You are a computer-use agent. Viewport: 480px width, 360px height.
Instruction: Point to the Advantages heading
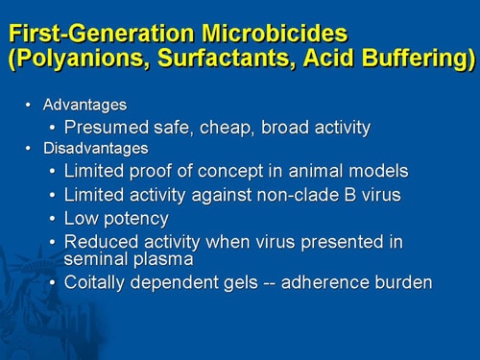[x=84, y=104]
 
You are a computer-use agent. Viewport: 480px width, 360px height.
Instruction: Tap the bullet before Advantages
[x=28, y=104]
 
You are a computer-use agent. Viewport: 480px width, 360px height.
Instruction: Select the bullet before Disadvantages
[x=28, y=148]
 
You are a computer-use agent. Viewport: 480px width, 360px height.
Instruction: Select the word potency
[x=132, y=218]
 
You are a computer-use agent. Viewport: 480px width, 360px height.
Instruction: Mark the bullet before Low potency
[x=52, y=218]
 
